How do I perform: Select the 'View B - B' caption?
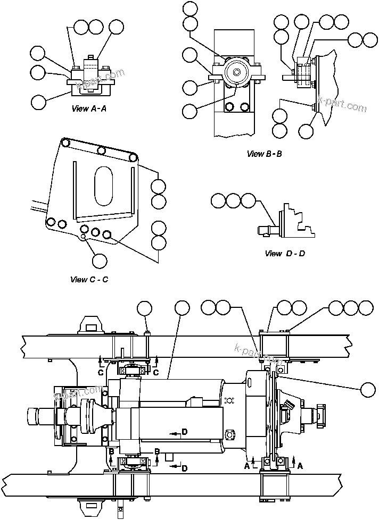[x=264, y=154]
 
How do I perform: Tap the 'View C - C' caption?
[x=89, y=279]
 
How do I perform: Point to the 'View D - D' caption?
[x=285, y=254]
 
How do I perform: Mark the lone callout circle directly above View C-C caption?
[x=100, y=260]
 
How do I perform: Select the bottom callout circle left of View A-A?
[x=38, y=102]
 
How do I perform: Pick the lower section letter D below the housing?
[x=184, y=467]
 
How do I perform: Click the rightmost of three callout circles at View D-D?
[x=249, y=200]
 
